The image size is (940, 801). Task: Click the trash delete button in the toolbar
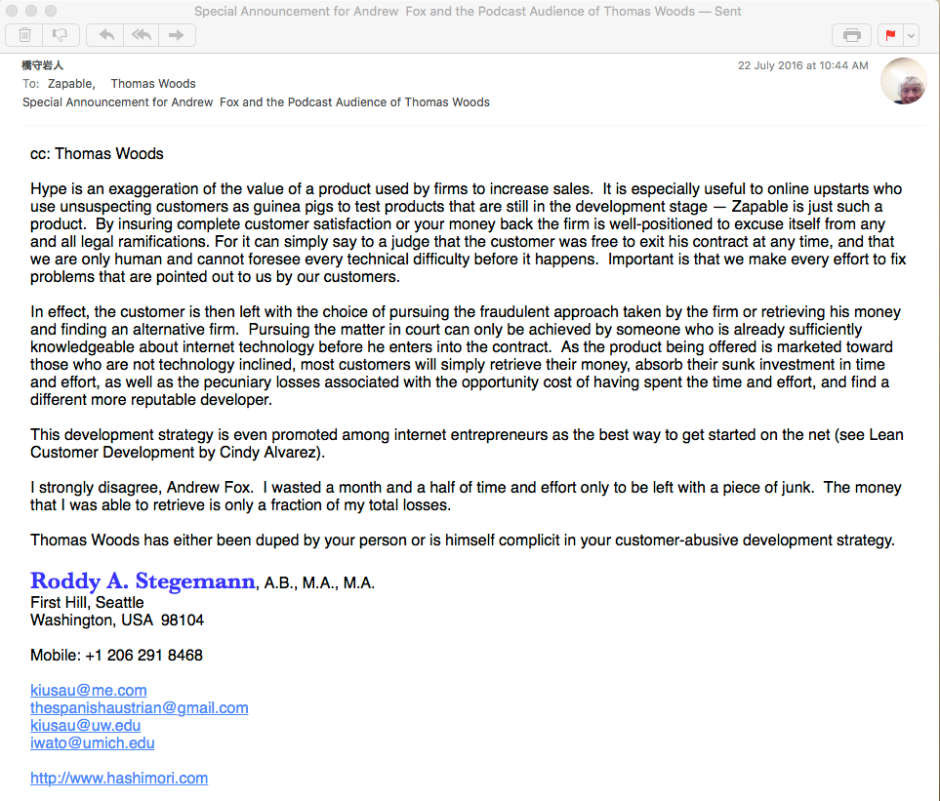tap(24, 35)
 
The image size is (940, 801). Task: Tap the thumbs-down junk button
tap(60, 35)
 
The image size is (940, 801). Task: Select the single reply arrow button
tap(105, 35)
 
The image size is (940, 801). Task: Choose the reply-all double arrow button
tap(141, 35)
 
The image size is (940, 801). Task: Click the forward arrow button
tap(177, 35)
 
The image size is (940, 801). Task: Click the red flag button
tap(889, 35)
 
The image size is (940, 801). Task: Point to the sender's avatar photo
tap(903, 81)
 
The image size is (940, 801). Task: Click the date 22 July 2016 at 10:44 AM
tap(802, 66)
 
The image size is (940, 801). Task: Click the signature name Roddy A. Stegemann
tap(143, 581)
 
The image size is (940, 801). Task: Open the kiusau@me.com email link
tap(89, 690)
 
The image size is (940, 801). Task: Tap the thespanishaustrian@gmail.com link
tap(140, 707)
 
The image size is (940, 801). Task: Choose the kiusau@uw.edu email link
tap(86, 725)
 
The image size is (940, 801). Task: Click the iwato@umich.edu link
tap(93, 742)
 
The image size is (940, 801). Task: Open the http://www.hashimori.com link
tap(119, 778)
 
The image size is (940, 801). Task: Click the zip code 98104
tap(183, 620)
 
